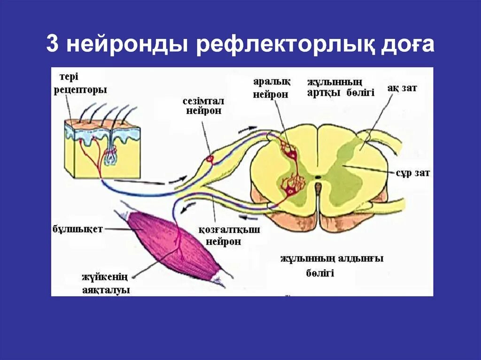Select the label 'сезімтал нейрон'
tap(204, 106)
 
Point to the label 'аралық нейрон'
tap(272, 87)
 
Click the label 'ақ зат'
tap(402, 88)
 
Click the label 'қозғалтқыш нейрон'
tap(225, 235)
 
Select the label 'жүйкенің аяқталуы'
tap(106, 283)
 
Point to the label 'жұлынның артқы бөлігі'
tap(341, 87)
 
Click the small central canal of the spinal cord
tap(318, 177)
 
